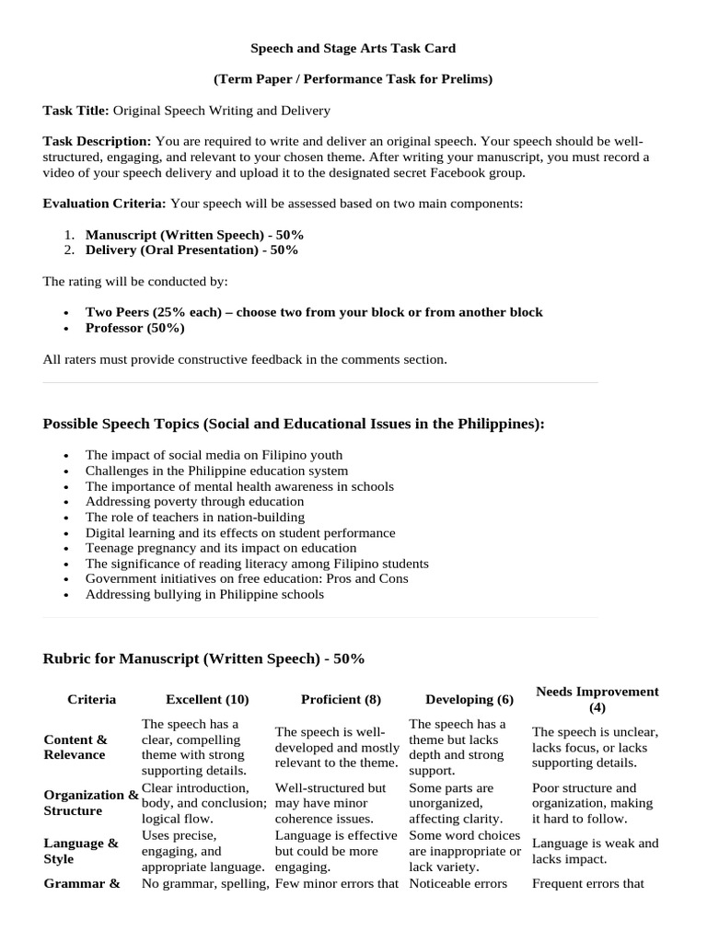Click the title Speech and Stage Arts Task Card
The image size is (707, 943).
[353, 48]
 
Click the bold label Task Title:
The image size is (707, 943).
[76, 111]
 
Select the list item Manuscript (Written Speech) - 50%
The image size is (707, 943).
[194, 235]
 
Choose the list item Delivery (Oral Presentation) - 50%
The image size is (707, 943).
[191, 250]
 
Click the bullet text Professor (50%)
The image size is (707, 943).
[134, 328]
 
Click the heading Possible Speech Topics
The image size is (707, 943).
[293, 424]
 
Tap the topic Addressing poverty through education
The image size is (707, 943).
[194, 502]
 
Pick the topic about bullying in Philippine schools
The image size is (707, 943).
[204, 595]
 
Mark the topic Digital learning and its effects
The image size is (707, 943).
[240, 533]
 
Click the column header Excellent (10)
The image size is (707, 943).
[207, 700]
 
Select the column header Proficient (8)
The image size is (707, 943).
[341, 700]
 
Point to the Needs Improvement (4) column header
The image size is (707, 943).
[597, 700]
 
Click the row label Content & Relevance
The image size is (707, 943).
[75, 747]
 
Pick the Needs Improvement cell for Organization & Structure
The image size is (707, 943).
[592, 803]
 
